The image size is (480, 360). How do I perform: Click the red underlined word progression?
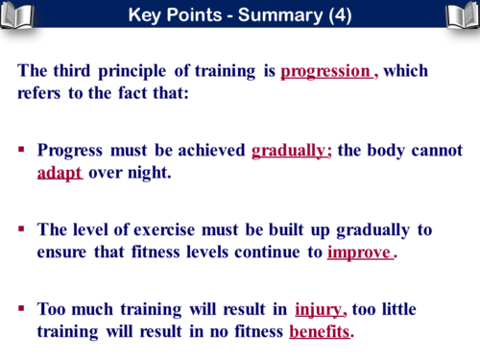coord(325,71)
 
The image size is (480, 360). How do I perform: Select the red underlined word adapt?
coord(60,175)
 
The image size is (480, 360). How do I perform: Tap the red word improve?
coord(359,253)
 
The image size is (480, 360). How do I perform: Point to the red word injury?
coord(319,309)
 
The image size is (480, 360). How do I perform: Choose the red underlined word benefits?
coord(321,332)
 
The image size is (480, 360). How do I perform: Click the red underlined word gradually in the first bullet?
coord(291,151)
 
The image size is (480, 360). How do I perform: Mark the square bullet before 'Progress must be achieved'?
coord(22,152)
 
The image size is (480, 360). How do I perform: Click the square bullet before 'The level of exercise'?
coord(22,230)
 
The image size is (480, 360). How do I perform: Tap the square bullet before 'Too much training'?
coord(22,309)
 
